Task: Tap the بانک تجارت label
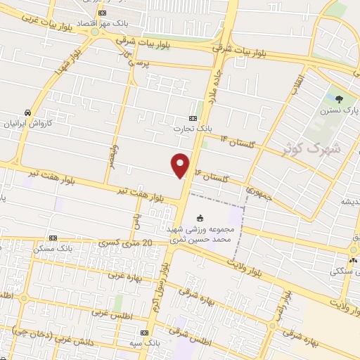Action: point(193,129)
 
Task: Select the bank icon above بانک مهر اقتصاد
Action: point(103,13)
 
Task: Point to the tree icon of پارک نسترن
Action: point(339,99)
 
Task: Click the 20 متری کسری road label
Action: point(126,243)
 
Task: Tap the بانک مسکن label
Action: point(54,249)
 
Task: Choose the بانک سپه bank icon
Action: point(144,333)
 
